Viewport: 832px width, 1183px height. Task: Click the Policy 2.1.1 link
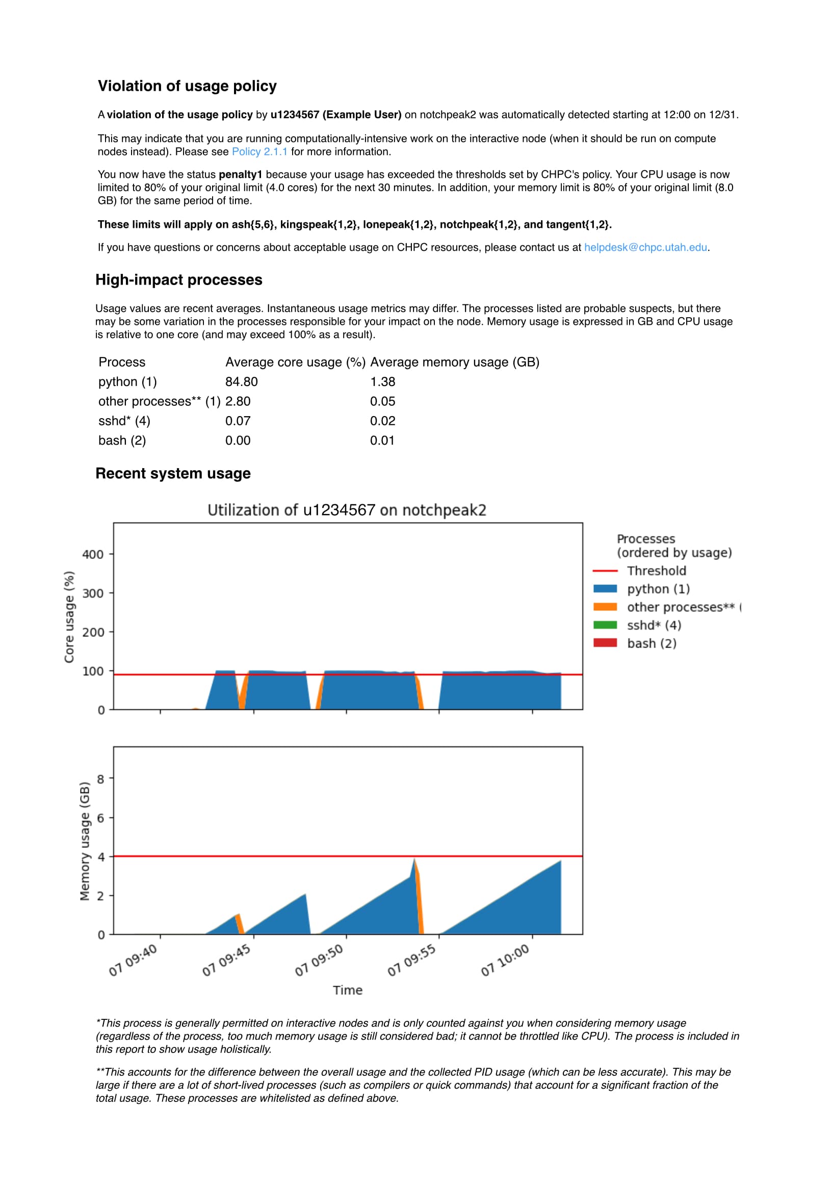click(259, 151)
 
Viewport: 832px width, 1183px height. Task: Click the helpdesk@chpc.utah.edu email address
click(645, 247)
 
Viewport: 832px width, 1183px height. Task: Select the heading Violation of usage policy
click(187, 86)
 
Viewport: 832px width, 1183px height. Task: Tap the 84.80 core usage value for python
click(241, 382)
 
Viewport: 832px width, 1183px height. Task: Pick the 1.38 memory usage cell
click(382, 382)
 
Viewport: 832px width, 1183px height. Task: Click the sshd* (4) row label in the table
click(124, 421)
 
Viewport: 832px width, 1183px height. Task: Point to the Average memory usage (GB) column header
click(454, 362)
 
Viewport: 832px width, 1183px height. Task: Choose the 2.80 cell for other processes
click(238, 401)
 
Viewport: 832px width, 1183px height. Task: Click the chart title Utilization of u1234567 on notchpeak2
click(347, 510)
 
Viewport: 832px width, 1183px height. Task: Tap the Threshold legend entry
click(656, 571)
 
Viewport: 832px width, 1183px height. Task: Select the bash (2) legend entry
click(651, 644)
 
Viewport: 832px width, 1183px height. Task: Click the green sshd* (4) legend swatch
click(605, 625)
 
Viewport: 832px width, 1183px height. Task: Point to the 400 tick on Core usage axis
click(93, 554)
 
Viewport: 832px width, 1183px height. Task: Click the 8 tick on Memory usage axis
click(101, 779)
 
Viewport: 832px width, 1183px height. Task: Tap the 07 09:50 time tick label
click(319, 960)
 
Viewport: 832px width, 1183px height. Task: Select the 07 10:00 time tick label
click(505, 960)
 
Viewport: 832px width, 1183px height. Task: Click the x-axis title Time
click(347, 990)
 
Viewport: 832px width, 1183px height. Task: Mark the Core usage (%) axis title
click(69, 617)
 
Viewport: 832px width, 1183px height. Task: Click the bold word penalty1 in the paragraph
click(240, 175)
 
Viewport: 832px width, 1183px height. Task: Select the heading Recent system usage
click(173, 474)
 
